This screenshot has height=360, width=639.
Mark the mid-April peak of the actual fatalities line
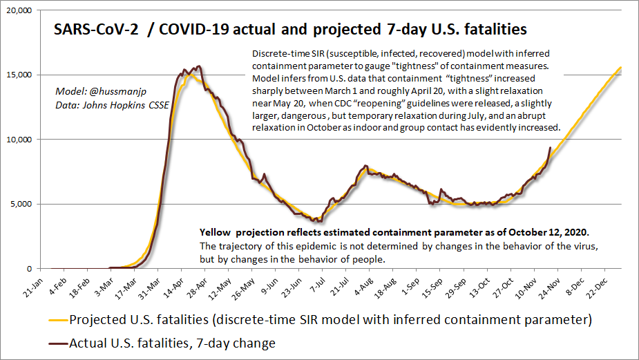coord(199,67)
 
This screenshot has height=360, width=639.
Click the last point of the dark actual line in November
coord(550,147)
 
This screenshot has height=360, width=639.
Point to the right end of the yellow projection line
coord(621,67)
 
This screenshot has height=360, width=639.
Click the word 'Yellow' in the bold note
coord(216,233)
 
